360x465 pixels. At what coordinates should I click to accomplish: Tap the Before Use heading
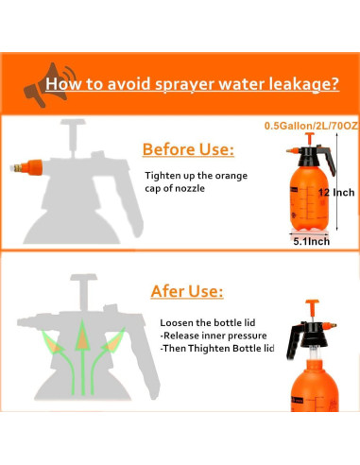[188, 149]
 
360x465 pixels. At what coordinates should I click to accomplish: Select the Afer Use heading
[187, 291]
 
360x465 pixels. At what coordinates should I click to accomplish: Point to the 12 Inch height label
[336, 192]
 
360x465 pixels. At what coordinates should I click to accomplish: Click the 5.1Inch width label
[311, 241]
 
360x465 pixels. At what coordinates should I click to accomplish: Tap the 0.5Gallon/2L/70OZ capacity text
[311, 126]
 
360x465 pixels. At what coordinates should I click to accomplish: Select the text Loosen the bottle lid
[208, 322]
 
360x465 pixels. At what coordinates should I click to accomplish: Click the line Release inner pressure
[214, 336]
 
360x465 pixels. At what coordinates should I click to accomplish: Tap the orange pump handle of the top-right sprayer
[310, 139]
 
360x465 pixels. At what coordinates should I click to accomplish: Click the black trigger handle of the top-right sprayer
[328, 160]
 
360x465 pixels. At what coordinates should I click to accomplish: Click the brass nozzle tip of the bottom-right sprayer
[333, 325]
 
